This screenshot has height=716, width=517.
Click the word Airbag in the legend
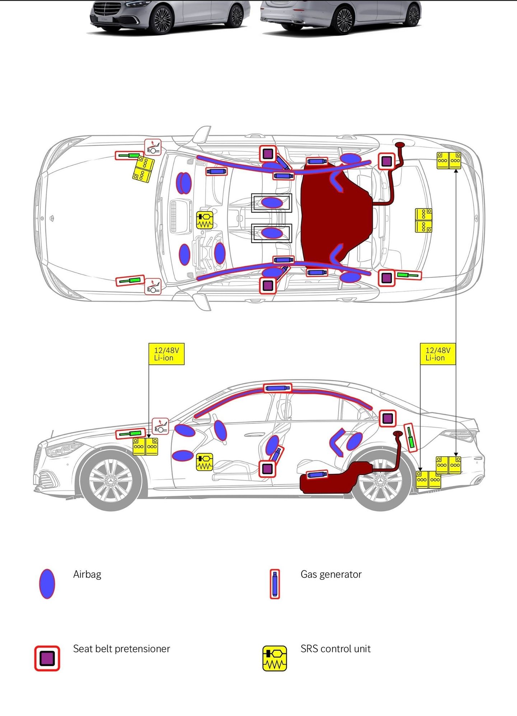(x=87, y=574)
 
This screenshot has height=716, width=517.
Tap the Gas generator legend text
(x=331, y=574)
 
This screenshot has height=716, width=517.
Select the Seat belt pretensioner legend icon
(x=47, y=658)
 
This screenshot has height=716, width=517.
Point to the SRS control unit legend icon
(x=275, y=658)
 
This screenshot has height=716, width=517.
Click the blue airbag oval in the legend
(x=47, y=584)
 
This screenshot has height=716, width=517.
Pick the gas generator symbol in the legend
(x=275, y=584)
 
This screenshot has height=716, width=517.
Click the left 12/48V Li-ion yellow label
(x=166, y=354)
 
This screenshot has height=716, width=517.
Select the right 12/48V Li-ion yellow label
(x=438, y=354)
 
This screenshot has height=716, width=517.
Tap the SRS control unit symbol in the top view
(x=205, y=220)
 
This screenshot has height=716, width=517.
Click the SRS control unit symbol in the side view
(x=205, y=462)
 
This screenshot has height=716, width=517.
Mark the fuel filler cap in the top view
(x=400, y=145)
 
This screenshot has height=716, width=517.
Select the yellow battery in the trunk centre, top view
(x=424, y=220)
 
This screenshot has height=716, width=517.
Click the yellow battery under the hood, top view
(x=143, y=169)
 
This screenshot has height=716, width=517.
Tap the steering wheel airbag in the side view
(x=220, y=430)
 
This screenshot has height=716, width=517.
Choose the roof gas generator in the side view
(x=278, y=388)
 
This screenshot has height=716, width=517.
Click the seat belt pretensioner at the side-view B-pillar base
(x=267, y=469)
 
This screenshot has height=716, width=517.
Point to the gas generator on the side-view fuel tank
(x=317, y=475)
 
